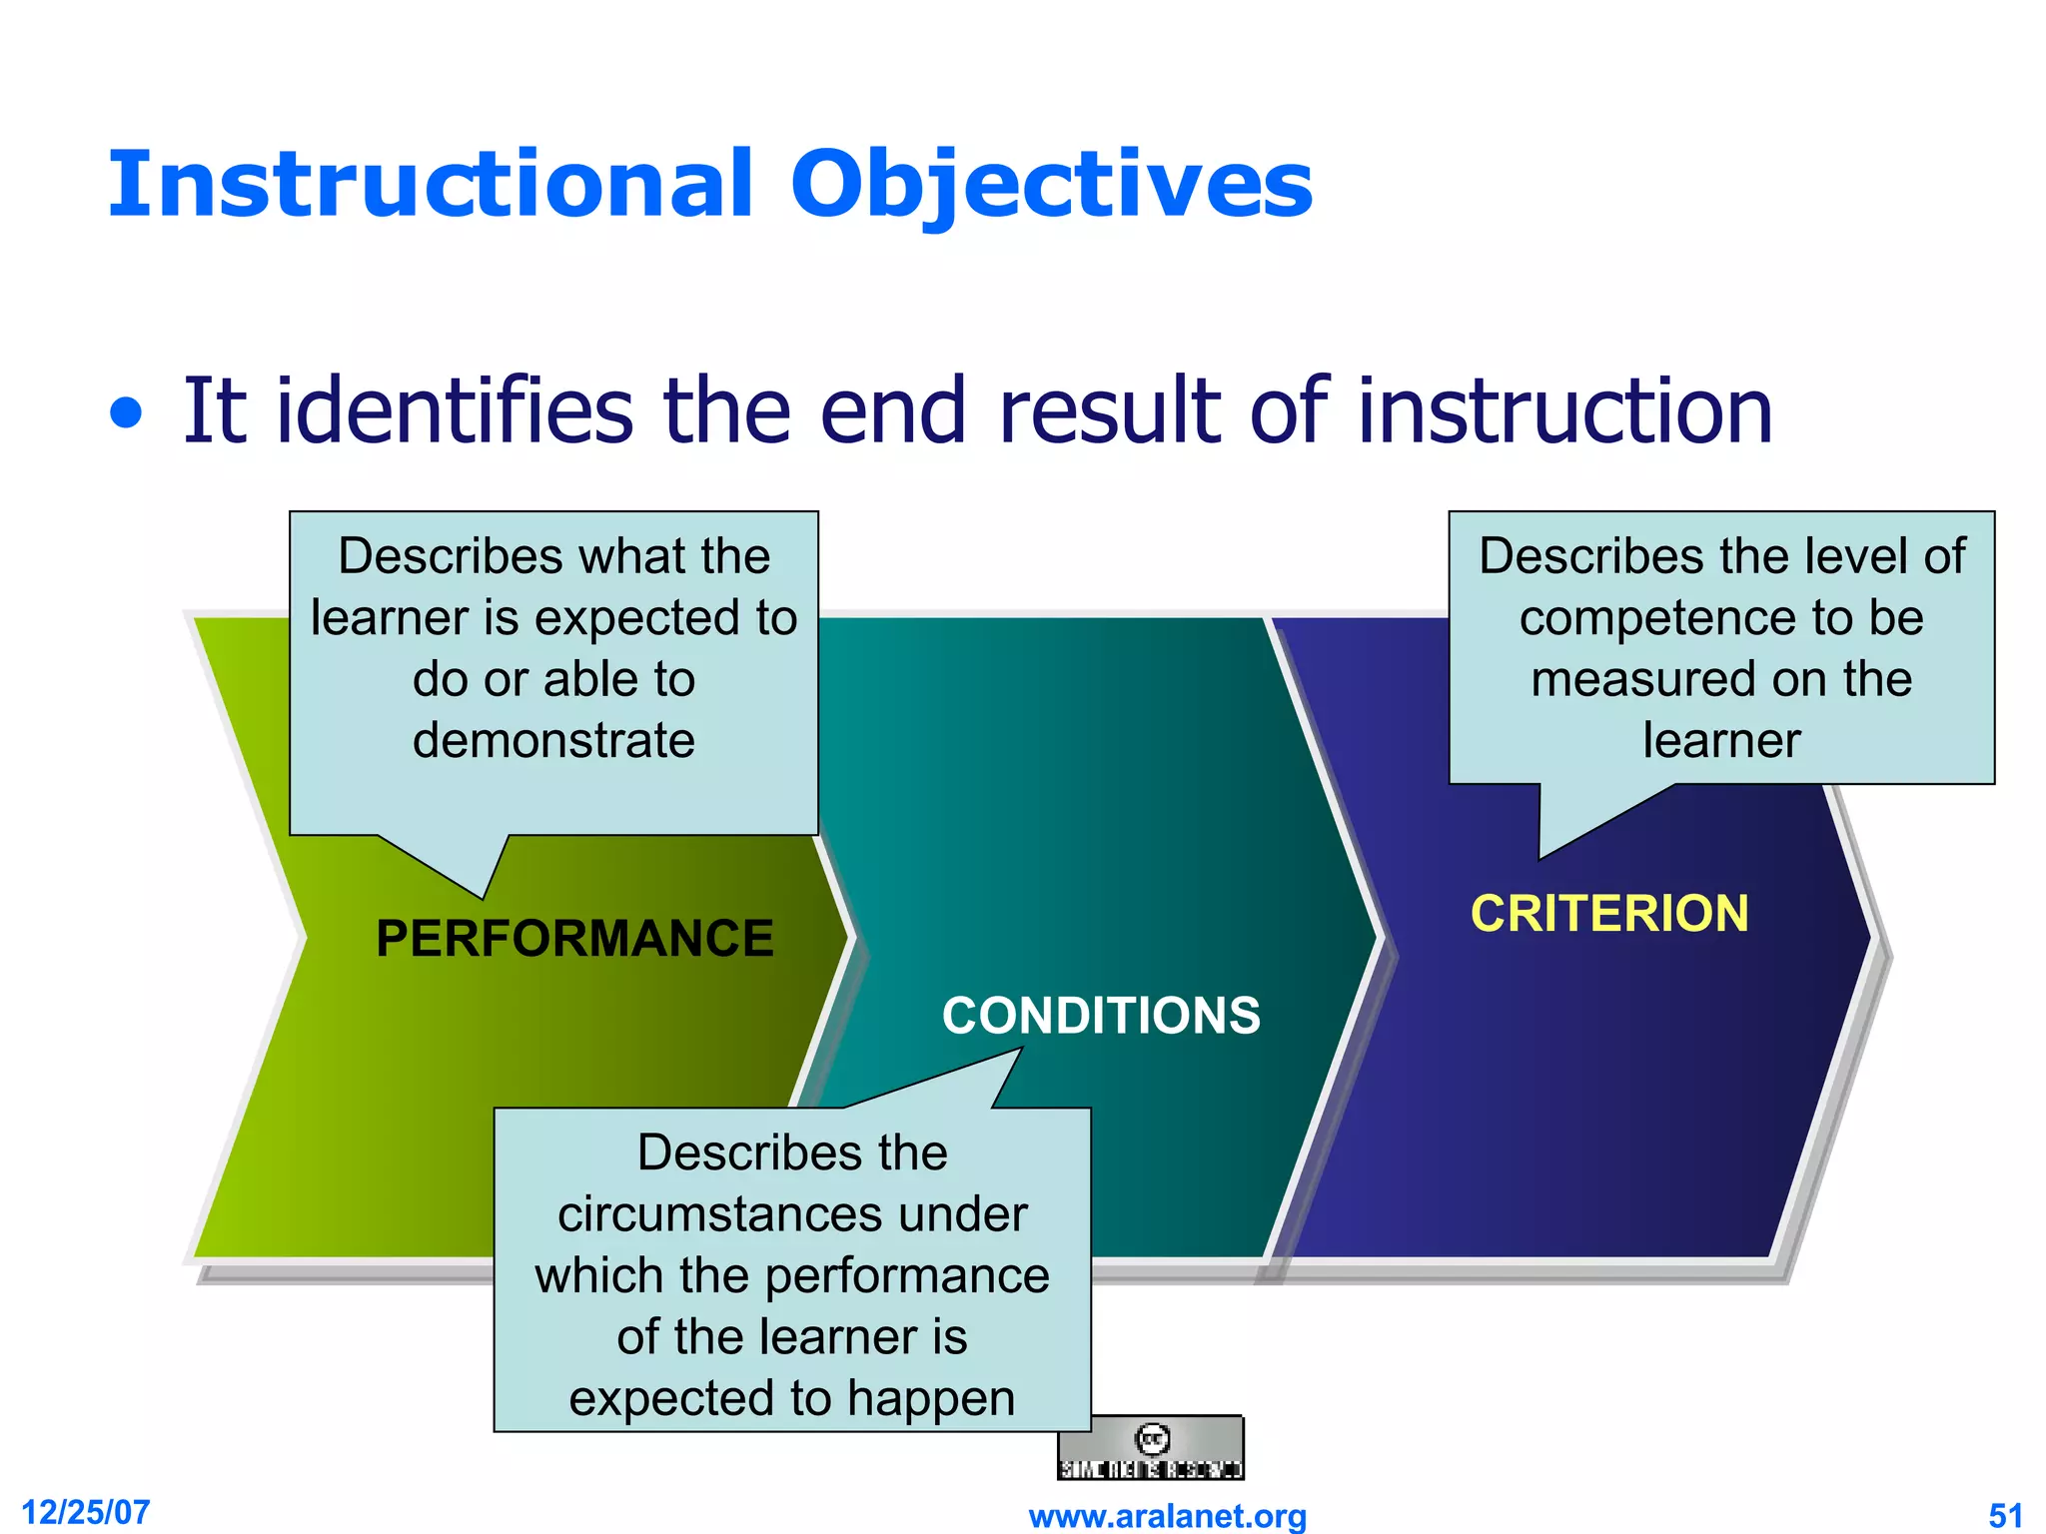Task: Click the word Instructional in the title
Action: [x=430, y=185]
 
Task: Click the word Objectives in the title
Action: [x=1051, y=185]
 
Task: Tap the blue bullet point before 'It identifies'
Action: [x=126, y=412]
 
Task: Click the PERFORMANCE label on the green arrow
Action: [x=574, y=939]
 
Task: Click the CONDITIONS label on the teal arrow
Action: [x=1101, y=1016]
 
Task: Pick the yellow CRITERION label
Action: [x=1609, y=914]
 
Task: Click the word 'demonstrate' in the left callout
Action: [x=553, y=741]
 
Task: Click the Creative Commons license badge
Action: [x=1151, y=1448]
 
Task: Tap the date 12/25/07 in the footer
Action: [x=86, y=1512]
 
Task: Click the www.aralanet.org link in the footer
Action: [x=1167, y=1516]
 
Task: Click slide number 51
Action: [x=2005, y=1515]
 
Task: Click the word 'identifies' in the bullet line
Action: [x=455, y=411]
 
